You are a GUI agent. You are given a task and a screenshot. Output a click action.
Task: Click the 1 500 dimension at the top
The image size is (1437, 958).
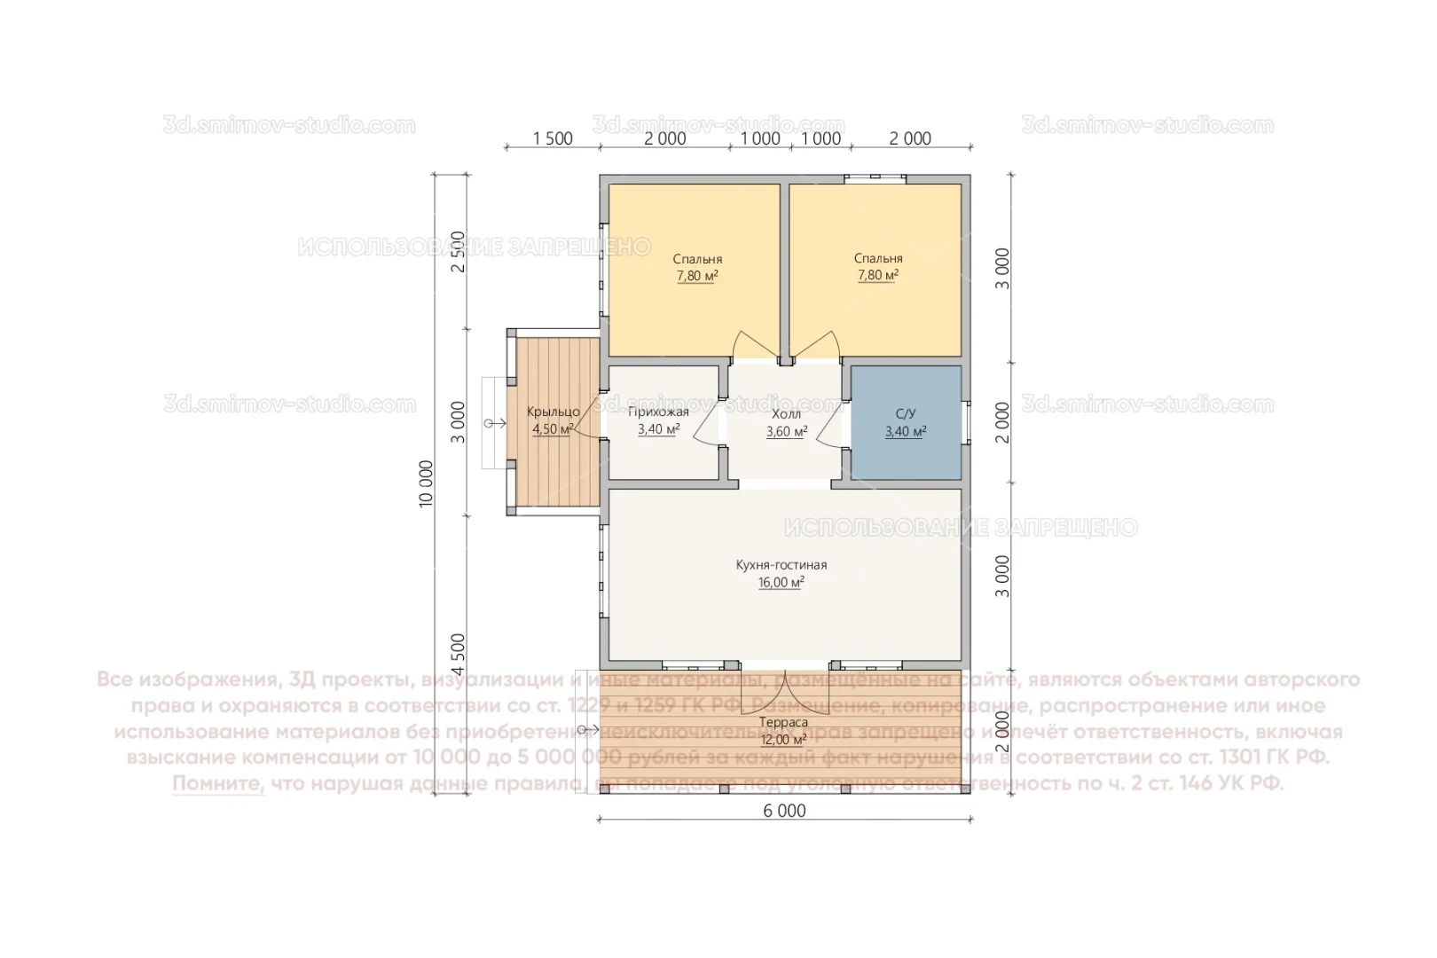coord(552,138)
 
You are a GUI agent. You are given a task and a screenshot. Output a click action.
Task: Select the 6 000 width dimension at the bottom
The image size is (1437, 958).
coord(785,811)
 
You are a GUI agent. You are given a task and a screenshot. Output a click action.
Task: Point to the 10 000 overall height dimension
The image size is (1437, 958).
coord(427,483)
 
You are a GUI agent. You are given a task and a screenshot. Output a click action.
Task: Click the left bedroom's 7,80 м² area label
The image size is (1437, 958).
coord(697,276)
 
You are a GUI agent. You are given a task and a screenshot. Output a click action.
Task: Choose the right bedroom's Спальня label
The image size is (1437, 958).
coord(878,258)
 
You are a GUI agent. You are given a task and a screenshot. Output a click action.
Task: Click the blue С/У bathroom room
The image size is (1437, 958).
coord(906,422)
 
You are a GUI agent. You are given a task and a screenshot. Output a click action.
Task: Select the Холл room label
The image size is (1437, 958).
coord(786,414)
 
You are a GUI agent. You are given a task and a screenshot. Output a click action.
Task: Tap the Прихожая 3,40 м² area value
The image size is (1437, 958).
coord(658,430)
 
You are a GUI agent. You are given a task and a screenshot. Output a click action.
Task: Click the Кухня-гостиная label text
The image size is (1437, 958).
coord(781,565)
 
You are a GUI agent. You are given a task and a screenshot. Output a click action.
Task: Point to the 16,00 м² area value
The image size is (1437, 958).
coord(781,583)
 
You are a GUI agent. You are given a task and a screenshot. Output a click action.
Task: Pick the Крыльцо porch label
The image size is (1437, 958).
coord(553,412)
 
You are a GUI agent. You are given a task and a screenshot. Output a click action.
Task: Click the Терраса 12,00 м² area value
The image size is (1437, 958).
coord(782,740)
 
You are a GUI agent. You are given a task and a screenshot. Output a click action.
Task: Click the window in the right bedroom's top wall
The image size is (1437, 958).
coord(875,179)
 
